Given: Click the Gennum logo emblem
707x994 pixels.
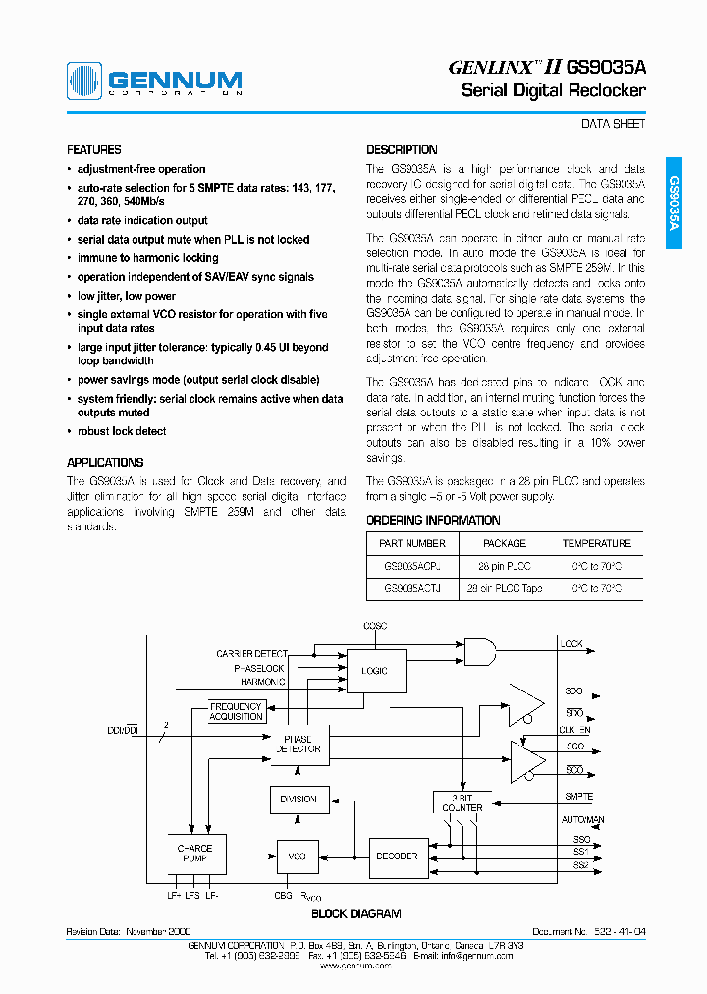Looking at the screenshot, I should [x=85, y=81].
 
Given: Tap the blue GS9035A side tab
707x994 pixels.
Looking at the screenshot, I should [x=674, y=202].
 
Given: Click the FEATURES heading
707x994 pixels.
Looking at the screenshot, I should [x=93, y=150].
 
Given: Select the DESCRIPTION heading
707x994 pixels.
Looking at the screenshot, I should [x=402, y=150].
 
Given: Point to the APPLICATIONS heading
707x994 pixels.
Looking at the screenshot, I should [x=105, y=462].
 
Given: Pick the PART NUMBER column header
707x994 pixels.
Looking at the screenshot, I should [x=412, y=543].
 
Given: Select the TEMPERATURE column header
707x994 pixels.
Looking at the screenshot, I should [x=596, y=543].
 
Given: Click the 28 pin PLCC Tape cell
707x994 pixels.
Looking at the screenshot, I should [x=505, y=589].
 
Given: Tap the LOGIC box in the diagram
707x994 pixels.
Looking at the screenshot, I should [x=375, y=671].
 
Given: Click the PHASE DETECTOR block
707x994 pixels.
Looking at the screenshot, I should [x=297, y=744].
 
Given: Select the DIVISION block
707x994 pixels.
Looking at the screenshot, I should [x=299, y=800].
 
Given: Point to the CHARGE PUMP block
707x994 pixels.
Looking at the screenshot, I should [x=194, y=852].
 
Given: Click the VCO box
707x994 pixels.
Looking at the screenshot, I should [x=298, y=856].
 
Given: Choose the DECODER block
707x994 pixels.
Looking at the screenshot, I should [x=399, y=856].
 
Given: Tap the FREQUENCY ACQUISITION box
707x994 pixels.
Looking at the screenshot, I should [x=237, y=711].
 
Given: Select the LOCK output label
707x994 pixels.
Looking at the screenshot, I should [x=571, y=644].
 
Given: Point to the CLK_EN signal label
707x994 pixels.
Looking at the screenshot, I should [x=575, y=730].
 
